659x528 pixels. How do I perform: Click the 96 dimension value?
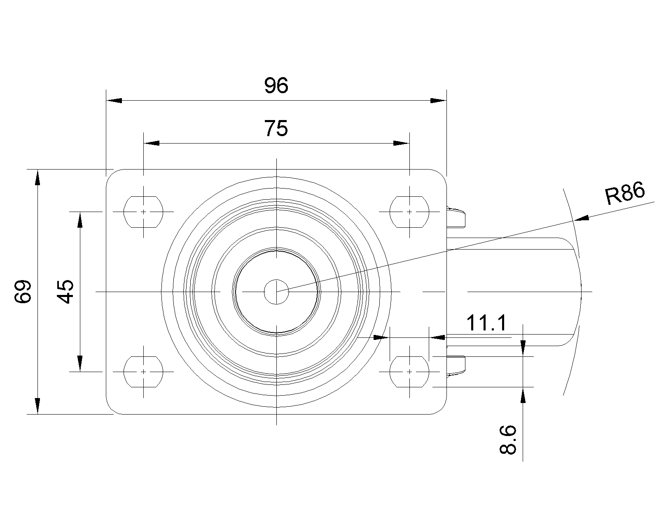pyautogui.click(x=276, y=86)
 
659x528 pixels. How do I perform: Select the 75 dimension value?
pyautogui.click(x=276, y=129)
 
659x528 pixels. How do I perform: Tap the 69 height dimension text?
pyautogui.click(x=23, y=292)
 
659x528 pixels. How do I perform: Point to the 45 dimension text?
pyautogui.click(x=65, y=292)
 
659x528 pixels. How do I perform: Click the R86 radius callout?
pyautogui.click(x=624, y=195)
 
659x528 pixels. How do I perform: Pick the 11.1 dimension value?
pyautogui.click(x=487, y=324)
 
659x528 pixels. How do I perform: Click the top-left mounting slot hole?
pyautogui.click(x=143, y=212)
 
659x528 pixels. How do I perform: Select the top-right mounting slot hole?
pyautogui.click(x=409, y=212)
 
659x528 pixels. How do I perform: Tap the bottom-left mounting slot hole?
pyautogui.click(x=143, y=372)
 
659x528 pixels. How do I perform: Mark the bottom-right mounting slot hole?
pyautogui.click(x=409, y=372)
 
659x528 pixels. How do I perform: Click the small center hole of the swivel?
pyautogui.click(x=276, y=292)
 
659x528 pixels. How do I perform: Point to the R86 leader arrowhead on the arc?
pyautogui.click(x=581, y=219)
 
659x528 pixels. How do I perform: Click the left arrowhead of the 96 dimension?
pyautogui.click(x=114, y=100)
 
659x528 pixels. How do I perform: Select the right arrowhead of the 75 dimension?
pyautogui.click(x=401, y=143)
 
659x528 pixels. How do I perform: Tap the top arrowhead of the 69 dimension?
pyautogui.click(x=37, y=177)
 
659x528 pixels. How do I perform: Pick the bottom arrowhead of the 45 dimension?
pyautogui.click(x=80, y=363)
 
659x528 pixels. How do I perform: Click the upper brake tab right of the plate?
pyautogui.click(x=456, y=217)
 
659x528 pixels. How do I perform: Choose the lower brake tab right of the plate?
pyautogui.click(x=456, y=366)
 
